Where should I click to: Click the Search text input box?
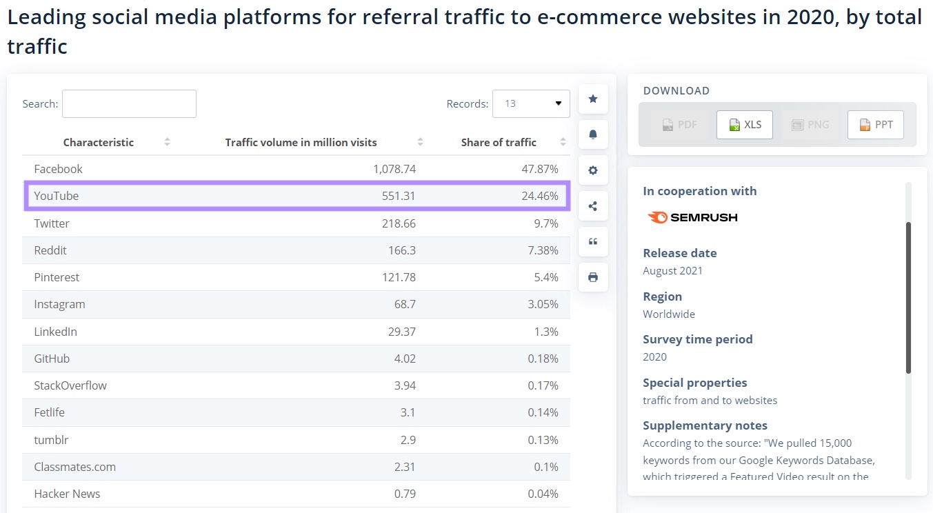click(x=129, y=103)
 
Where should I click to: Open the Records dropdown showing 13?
click(x=531, y=103)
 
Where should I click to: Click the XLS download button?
click(x=745, y=125)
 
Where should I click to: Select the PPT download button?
click(x=876, y=125)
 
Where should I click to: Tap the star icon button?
click(x=593, y=99)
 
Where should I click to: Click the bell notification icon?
click(x=593, y=134)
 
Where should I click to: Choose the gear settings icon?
click(x=593, y=170)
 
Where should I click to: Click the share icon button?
click(x=593, y=206)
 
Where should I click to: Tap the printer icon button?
click(x=593, y=277)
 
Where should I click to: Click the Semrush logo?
click(x=692, y=217)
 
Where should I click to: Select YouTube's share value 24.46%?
click(x=539, y=196)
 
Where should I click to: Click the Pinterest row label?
click(x=57, y=277)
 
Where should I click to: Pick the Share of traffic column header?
click(x=499, y=142)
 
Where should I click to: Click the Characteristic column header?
click(x=99, y=142)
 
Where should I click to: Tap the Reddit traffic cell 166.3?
click(x=401, y=250)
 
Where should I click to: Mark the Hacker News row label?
click(x=67, y=494)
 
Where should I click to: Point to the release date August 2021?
click(x=672, y=270)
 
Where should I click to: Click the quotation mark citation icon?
click(x=593, y=242)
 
